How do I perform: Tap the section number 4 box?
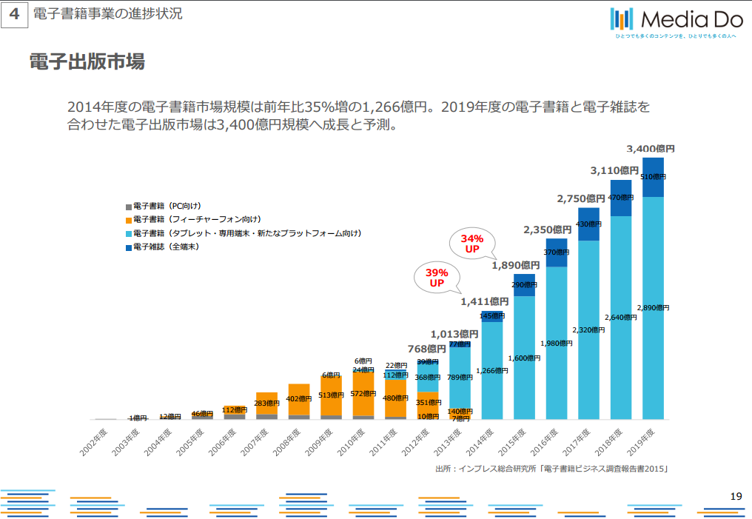(x=14, y=15)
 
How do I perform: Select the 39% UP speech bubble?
(x=436, y=278)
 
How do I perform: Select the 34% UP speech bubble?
(x=472, y=244)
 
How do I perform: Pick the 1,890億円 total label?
(x=516, y=264)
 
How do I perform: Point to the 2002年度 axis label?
(x=96, y=439)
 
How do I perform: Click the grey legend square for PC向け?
(x=129, y=206)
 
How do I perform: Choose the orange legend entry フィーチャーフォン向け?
(x=196, y=219)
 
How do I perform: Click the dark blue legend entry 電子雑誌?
(x=166, y=247)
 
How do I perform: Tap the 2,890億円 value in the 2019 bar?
(x=654, y=307)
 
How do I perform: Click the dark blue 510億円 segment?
(x=654, y=177)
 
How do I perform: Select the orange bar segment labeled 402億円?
(x=299, y=399)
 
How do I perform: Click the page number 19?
(x=735, y=496)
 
